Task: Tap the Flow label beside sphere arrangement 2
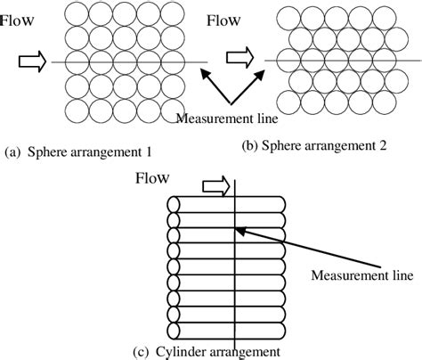[x=227, y=20]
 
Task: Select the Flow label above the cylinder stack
[x=152, y=178]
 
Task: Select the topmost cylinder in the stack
[x=227, y=203]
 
